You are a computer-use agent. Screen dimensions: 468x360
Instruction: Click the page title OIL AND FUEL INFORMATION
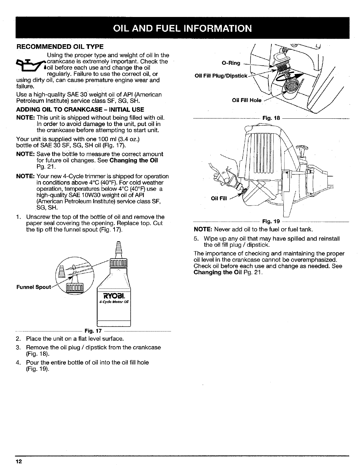tap(182, 28)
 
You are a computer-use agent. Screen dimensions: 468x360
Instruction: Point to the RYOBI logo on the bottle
tap(113, 296)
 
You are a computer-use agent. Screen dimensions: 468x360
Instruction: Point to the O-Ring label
tap(231, 63)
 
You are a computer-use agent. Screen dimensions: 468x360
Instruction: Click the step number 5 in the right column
tap(195, 239)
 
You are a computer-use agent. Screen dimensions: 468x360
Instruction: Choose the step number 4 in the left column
tap(18, 362)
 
